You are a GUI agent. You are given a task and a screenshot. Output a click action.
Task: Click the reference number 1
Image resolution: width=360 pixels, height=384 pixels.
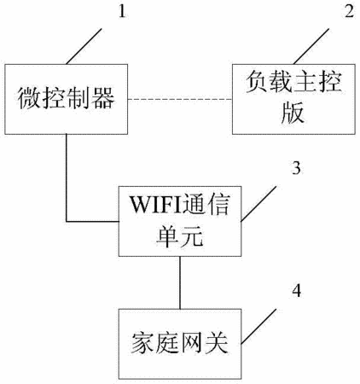pos(122,12)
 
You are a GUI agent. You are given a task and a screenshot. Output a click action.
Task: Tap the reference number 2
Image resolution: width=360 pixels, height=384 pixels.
pos(350,12)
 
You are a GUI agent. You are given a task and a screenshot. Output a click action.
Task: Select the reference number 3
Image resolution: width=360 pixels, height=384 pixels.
pos(296,168)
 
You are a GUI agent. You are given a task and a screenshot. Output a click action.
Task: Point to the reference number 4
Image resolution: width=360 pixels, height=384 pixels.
pos(297,291)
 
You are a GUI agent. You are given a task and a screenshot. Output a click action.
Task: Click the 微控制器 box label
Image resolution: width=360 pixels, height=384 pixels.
pos(67,98)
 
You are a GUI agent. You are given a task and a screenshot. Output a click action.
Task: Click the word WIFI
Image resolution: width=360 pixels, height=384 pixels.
pos(155,204)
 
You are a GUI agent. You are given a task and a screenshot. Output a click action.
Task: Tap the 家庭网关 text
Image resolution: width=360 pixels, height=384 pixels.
pos(180,343)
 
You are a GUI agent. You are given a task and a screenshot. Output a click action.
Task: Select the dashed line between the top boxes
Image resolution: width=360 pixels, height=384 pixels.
pos(180,99)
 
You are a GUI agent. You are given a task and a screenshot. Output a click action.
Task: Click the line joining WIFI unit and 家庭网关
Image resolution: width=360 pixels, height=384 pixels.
pos(180,282)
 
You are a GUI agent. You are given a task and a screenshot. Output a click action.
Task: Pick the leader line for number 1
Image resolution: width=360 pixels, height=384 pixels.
pos(84,46)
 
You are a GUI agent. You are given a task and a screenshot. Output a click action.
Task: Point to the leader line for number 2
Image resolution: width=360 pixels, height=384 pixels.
pos(311,46)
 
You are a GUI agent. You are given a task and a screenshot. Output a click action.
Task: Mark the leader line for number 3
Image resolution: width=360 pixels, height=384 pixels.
pos(258,204)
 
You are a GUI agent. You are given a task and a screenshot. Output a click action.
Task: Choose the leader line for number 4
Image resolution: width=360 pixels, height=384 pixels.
pos(258,327)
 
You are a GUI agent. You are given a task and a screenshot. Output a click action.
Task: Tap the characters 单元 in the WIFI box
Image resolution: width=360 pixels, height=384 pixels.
pos(180,236)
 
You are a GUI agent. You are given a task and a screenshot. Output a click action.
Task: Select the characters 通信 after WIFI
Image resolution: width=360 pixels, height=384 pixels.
pos(206,204)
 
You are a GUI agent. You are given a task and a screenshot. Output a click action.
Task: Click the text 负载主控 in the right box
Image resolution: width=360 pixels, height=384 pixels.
pos(293,82)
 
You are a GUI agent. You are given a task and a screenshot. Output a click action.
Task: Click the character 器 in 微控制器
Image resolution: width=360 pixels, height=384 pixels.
pos(103,98)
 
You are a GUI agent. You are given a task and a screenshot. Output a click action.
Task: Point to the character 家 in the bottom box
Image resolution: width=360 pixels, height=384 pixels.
pos(142,343)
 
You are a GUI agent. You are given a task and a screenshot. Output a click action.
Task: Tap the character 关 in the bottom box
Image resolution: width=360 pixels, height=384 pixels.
pos(217,343)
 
